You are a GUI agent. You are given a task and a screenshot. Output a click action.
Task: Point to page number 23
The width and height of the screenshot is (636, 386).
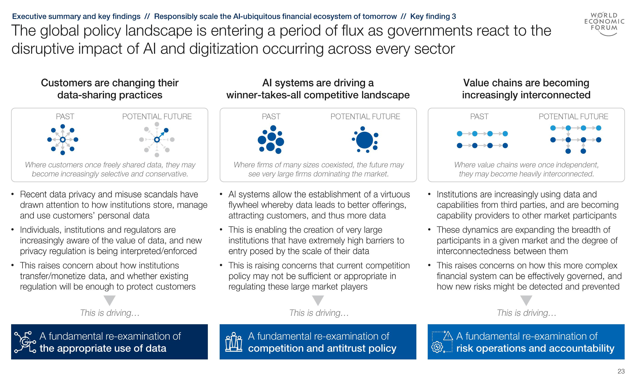pyautogui.click(x=621, y=371)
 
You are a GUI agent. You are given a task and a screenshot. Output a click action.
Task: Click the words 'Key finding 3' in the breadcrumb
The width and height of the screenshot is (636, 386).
pyautogui.click(x=433, y=17)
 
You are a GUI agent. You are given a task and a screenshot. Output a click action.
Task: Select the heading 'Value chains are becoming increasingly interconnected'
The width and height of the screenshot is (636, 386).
pyautogui.click(x=526, y=89)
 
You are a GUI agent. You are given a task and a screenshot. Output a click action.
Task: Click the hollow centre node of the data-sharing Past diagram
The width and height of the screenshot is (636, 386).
pyautogui.click(x=62, y=140)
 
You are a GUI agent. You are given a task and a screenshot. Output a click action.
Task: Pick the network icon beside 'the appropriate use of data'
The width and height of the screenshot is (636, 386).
pyautogui.click(x=25, y=342)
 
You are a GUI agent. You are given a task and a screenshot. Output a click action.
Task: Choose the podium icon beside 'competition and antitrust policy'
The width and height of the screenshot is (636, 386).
pyautogui.click(x=234, y=342)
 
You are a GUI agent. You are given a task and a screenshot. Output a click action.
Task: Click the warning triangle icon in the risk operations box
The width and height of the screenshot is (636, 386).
pyautogui.click(x=448, y=336)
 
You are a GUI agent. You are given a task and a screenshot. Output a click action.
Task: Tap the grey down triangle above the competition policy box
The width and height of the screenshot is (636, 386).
pyautogui.click(x=318, y=300)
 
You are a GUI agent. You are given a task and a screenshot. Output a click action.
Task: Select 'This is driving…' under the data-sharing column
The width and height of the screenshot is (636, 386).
pyautogui.click(x=110, y=313)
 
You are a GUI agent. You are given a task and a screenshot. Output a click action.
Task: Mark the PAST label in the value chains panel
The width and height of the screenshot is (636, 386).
pyautogui.click(x=479, y=117)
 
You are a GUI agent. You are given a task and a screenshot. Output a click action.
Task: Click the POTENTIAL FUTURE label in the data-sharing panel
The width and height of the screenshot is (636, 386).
pyautogui.click(x=157, y=117)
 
